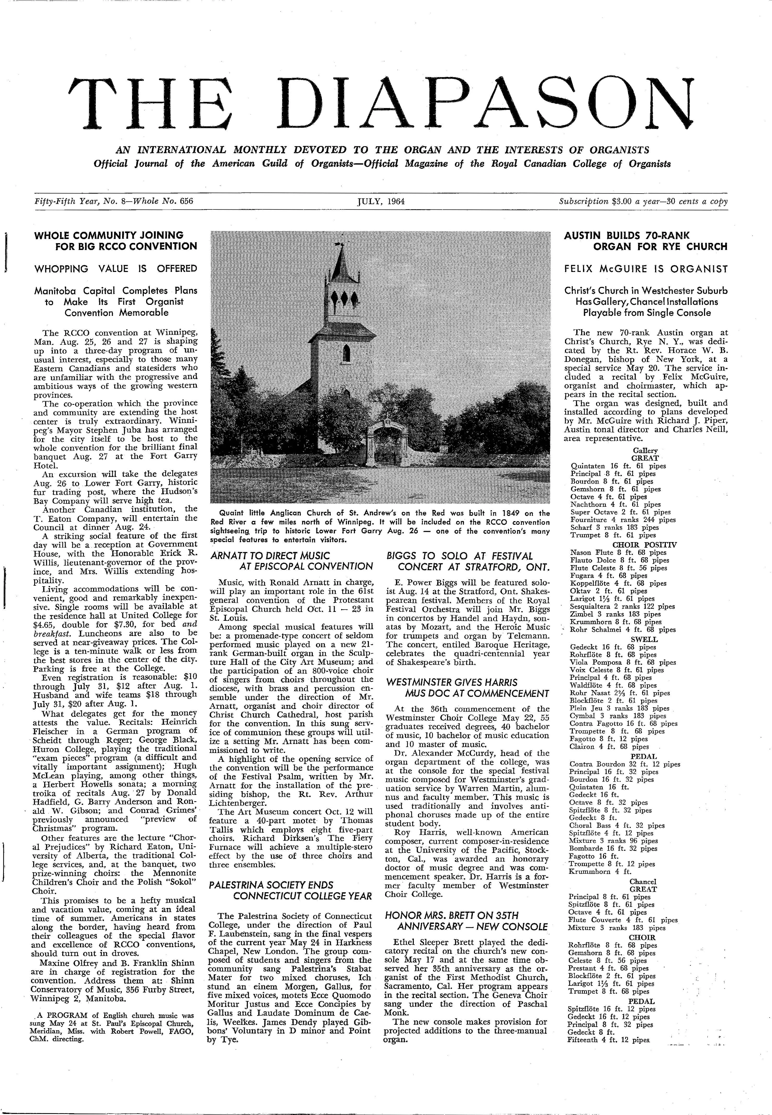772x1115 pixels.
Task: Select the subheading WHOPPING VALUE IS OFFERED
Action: coord(115,269)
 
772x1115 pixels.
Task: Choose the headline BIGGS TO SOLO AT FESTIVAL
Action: coord(460,556)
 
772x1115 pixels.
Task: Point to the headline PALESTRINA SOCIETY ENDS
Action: coord(271,885)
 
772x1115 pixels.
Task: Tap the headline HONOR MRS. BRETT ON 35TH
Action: coord(450,915)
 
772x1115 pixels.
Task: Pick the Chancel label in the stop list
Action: coord(643,881)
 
